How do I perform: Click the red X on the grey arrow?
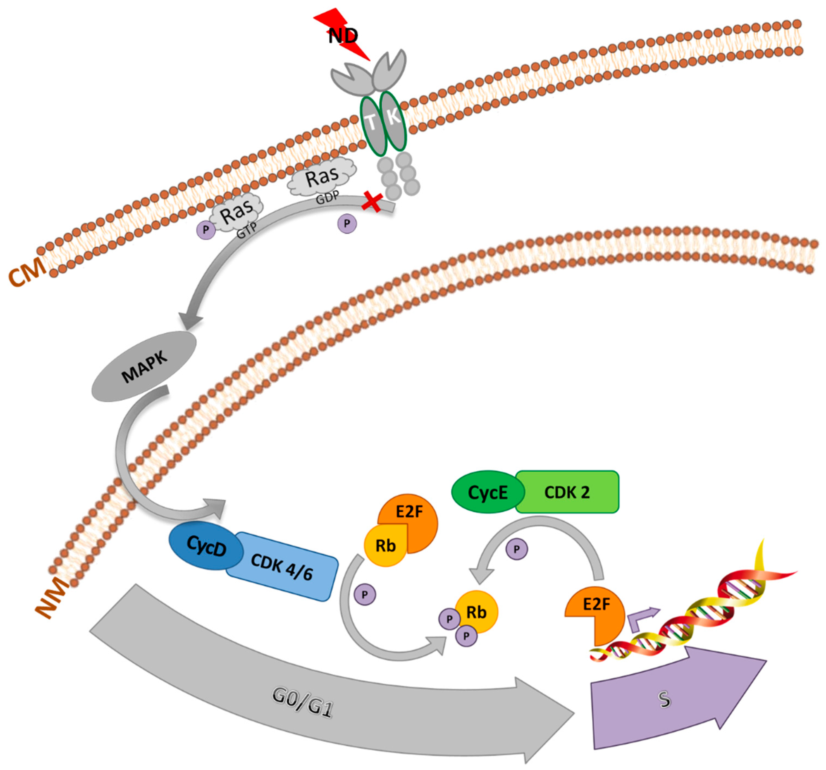pyautogui.click(x=372, y=202)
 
